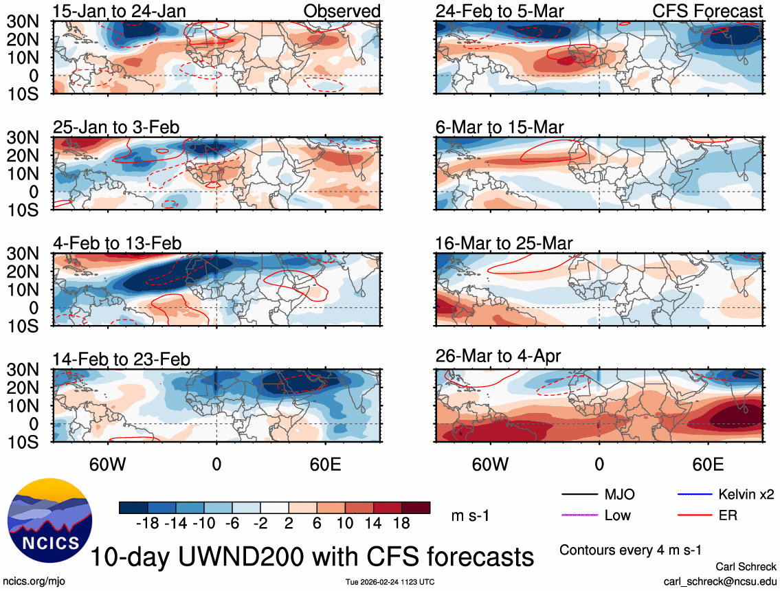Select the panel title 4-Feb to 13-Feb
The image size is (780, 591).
(118, 243)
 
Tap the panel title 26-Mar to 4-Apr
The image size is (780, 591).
(498, 356)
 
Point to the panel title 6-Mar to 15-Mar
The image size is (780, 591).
(500, 127)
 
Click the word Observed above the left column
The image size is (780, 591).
(342, 11)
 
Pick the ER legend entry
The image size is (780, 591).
(727, 515)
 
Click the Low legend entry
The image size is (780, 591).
(617, 515)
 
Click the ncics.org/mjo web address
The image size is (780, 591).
(33, 581)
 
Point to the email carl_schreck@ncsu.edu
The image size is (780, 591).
(720, 581)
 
